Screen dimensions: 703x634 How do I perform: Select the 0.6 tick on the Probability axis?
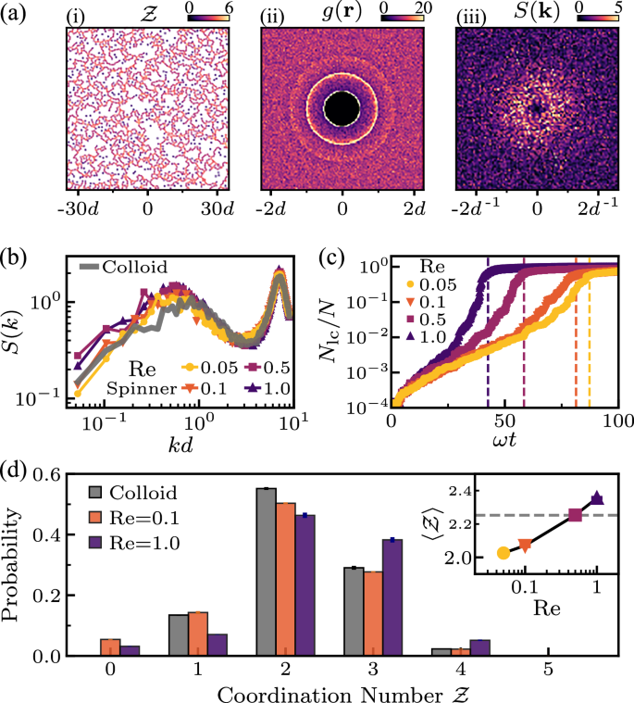56,474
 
